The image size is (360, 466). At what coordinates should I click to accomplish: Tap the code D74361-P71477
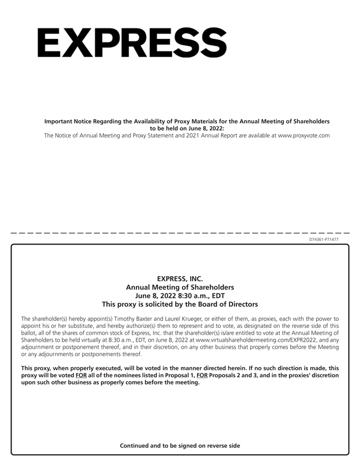click(x=328, y=239)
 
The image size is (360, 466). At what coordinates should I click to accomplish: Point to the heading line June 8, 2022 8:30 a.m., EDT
click(x=180, y=296)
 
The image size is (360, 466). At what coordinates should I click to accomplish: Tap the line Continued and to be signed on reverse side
click(x=180, y=445)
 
